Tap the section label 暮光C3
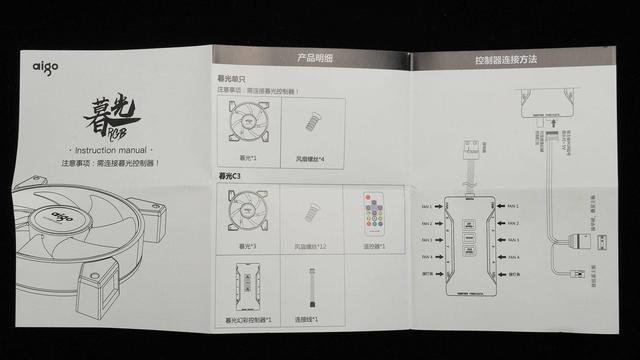coord(232,176)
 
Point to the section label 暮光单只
coord(234,80)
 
